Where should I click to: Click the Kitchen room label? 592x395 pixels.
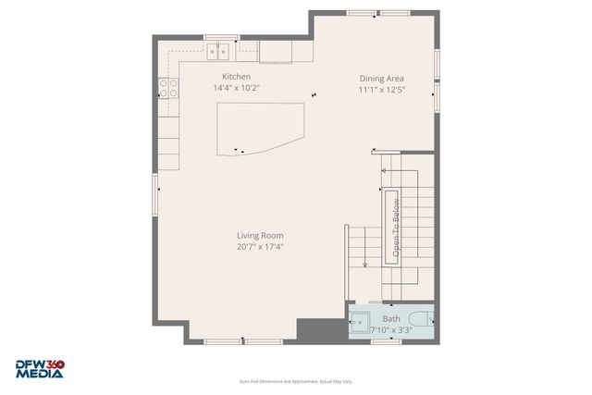[236, 77]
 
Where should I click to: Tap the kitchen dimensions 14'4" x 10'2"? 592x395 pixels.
[236, 88]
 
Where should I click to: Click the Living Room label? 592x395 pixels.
[260, 236]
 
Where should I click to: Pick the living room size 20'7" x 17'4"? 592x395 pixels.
[260, 247]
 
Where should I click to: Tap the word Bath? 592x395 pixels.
[391, 319]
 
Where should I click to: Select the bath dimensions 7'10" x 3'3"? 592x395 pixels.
[390, 329]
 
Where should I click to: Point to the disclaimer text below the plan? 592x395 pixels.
[296, 381]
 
